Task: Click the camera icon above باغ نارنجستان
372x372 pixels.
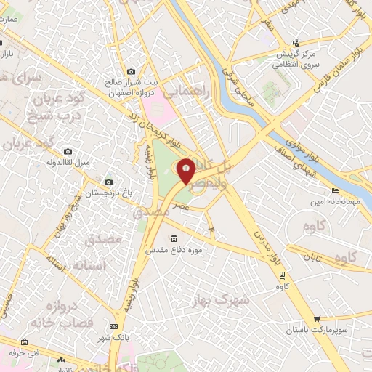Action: click(108, 182)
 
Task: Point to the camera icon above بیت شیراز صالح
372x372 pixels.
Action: click(131, 71)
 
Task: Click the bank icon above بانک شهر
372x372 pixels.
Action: click(113, 328)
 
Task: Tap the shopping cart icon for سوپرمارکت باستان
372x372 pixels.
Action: click(317, 318)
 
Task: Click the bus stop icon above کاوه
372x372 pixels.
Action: click(282, 275)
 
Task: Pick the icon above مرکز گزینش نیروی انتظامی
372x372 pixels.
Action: click(295, 43)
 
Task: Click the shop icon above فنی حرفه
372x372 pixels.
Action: click(24, 342)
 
